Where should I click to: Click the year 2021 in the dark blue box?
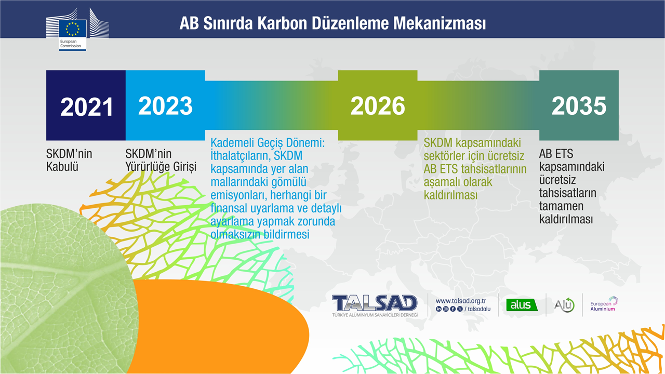87,107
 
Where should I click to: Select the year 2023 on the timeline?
165,105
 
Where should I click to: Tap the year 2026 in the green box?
378,105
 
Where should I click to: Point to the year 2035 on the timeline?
579,105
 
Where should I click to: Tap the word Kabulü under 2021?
62,167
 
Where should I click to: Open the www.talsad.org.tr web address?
461,301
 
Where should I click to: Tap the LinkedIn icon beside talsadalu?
439,309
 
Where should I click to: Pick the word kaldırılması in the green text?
450,195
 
